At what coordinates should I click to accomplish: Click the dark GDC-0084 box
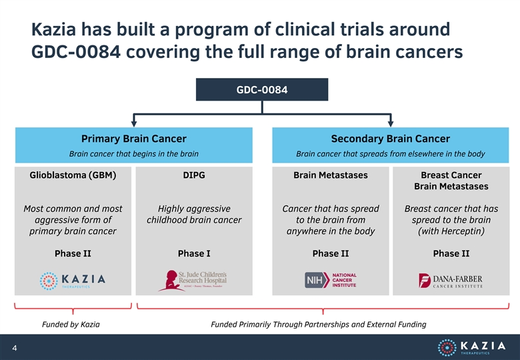(x=262, y=89)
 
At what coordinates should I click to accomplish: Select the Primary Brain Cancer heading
(x=133, y=139)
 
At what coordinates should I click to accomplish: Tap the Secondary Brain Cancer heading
(x=390, y=139)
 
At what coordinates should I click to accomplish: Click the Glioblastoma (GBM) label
(x=73, y=175)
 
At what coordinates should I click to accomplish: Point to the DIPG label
(x=194, y=175)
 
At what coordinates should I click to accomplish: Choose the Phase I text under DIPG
(x=194, y=253)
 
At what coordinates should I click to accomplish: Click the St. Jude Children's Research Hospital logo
(x=193, y=281)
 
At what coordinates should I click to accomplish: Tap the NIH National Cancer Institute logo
(x=331, y=280)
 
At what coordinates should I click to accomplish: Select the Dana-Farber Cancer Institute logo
(x=451, y=281)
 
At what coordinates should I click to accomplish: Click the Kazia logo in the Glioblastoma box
(x=73, y=281)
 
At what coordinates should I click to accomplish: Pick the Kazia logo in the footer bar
(x=471, y=347)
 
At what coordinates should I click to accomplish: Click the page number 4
(x=15, y=348)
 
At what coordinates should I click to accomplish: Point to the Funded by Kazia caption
(x=71, y=324)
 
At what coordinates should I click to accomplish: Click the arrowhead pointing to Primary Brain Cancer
(x=133, y=123)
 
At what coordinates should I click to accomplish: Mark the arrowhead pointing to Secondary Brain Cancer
(x=391, y=123)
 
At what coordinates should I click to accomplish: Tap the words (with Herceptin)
(x=451, y=231)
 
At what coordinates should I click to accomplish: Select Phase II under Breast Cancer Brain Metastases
(x=451, y=253)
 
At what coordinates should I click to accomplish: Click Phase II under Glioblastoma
(x=73, y=253)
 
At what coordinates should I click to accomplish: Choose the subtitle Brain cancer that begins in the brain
(x=133, y=154)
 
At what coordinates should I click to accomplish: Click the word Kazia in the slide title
(x=54, y=29)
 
